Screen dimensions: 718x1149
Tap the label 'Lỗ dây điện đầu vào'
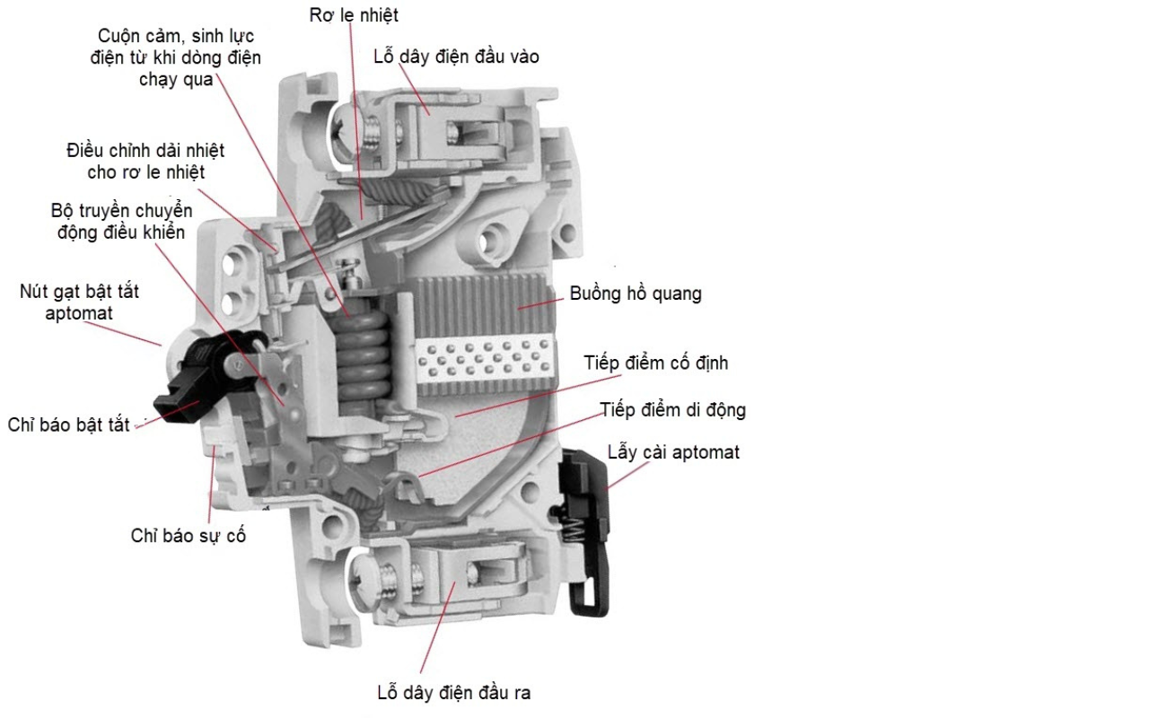(x=456, y=57)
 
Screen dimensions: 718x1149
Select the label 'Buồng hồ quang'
(x=636, y=293)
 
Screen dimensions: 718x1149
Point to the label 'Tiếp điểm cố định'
(x=655, y=363)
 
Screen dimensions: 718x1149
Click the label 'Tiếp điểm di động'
(x=673, y=410)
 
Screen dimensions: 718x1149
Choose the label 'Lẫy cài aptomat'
(x=673, y=451)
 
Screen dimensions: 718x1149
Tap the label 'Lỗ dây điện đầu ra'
(x=453, y=693)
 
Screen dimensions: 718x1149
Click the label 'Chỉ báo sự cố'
(x=188, y=536)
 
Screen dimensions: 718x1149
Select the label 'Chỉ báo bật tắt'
(x=69, y=425)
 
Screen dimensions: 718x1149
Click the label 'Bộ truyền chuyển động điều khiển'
(x=121, y=222)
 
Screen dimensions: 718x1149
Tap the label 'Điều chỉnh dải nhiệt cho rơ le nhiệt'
(x=145, y=160)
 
